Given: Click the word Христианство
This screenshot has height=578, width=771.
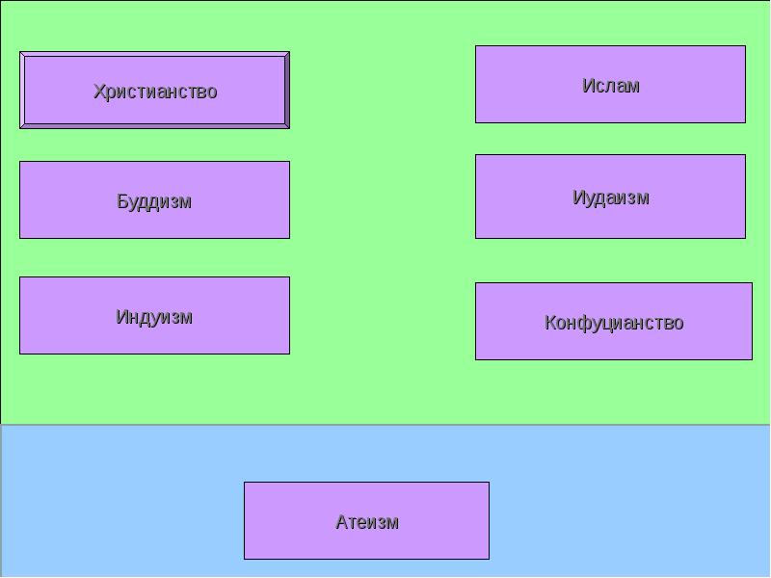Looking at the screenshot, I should pyautogui.click(x=154, y=92).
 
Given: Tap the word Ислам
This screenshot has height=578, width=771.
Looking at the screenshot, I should pyautogui.click(x=610, y=86).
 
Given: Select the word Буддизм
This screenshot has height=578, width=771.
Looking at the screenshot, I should pyautogui.click(x=154, y=201).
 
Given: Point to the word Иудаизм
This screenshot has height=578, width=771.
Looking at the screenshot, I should pyautogui.click(x=610, y=197).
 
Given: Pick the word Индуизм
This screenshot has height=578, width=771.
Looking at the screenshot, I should pyautogui.click(x=154, y=317).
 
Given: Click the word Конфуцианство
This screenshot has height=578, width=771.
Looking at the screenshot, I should pyautogui.click(x=613, y=323).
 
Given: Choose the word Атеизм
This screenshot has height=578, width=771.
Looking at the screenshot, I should pyautogui.click(x=366, y=522).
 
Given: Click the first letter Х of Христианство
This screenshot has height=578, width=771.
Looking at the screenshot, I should pyautogui.click(x=98, y=92).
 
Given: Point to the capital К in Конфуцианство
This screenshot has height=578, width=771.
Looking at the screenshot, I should pyautogui.click(x=550, y=323).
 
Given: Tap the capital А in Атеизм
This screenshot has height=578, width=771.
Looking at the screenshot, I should pyautogui.click(x=341, y=522).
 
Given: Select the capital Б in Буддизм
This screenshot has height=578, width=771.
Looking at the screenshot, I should pyautogui.click(x=122, y=201).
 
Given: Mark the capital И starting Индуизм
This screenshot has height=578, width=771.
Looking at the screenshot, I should pyautogui.click(x=121, y=317).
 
